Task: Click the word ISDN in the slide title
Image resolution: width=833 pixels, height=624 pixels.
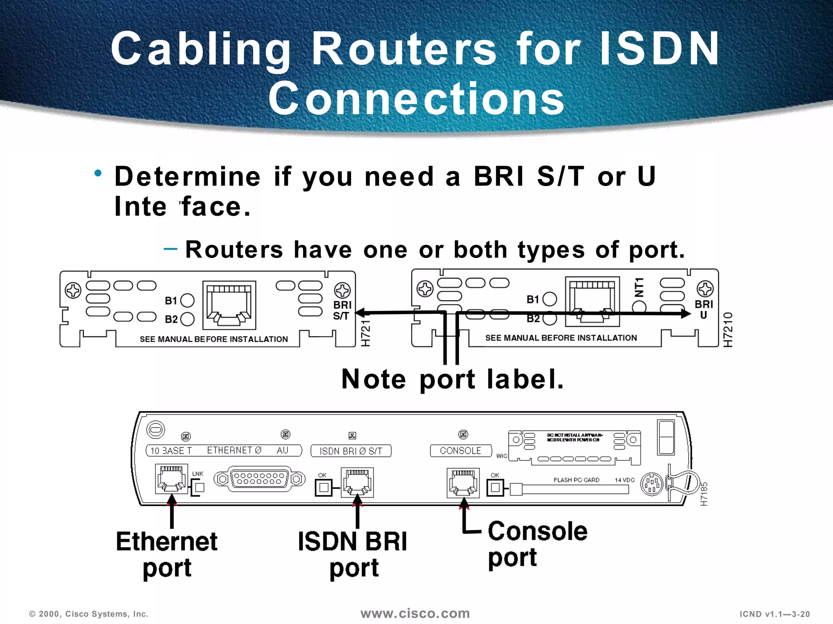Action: [x=659, y=49]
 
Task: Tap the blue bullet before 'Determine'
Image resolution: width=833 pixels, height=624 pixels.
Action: [x=98, y=174]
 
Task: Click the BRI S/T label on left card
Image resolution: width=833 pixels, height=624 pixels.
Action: [x=342, y=310]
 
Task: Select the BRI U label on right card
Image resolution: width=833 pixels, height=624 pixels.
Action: [x=704, y=309]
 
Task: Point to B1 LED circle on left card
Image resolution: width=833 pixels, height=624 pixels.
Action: [x=187, y=301]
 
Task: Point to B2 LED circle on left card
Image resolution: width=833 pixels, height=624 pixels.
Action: [x=187, y=319]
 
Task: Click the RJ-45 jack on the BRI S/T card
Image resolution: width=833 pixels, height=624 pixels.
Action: [x=229, y=305]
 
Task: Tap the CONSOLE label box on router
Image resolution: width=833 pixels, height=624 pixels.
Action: [x=460, y=451]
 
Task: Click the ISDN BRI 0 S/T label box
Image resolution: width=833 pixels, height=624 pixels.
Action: [x=351, y=451]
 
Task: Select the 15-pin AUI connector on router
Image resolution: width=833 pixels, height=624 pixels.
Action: [x=259, y=479]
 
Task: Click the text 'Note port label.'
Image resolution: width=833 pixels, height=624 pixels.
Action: [x=452, y=379]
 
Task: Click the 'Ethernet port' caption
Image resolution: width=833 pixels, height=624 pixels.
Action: [x=167, y=555]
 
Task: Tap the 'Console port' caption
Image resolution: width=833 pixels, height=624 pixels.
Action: [x=537, y=544]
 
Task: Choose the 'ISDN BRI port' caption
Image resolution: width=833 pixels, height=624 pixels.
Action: [x=353, y=555]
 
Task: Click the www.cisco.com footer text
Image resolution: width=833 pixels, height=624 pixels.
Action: [x=415, y=613]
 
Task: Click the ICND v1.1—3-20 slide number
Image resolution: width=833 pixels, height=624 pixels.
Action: [x=774, y=614]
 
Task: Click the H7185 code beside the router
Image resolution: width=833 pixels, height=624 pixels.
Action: [x=704, y=494]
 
